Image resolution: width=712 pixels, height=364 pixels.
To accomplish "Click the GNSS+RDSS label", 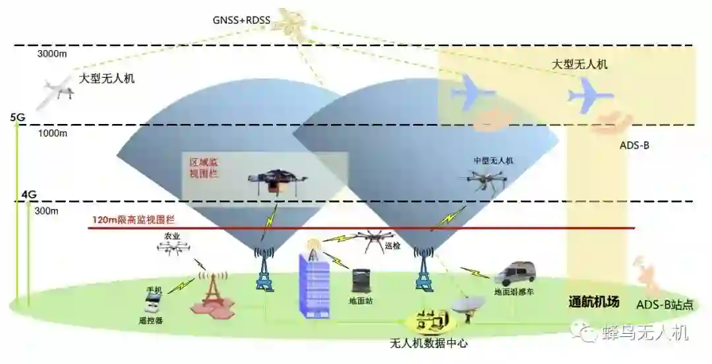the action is pyautogui.click(x=242, y=20).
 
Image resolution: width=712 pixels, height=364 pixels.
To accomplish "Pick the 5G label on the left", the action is pyautogui.click(x=18, y=117).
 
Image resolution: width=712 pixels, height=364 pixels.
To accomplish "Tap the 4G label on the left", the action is pyautogui.click(x=29, y=195).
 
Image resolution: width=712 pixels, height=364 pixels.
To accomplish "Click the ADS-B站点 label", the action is pyautogui.click(x=665, y=305).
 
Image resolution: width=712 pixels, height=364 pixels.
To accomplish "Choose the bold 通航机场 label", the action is pyautogui.click(x=594, y=303).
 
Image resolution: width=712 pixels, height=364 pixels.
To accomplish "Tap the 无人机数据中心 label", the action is pyautogui.click(x=429, y=344).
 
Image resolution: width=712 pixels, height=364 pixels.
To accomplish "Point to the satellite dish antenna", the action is pyautogui.click(x=467, y=305).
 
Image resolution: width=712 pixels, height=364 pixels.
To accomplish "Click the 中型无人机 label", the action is pyautogui.click(x=493, y=160).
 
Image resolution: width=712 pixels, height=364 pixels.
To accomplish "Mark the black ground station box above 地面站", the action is pyautogui.click(x=362, y=280).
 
